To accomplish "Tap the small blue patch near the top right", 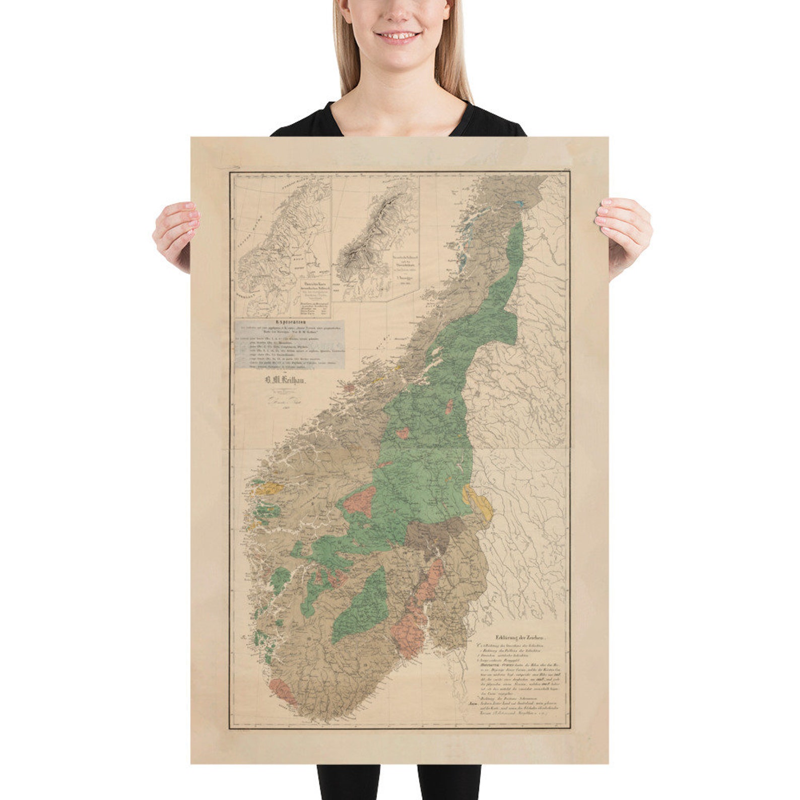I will tap(519, 204).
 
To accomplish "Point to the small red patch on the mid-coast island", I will tap(349, 387).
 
